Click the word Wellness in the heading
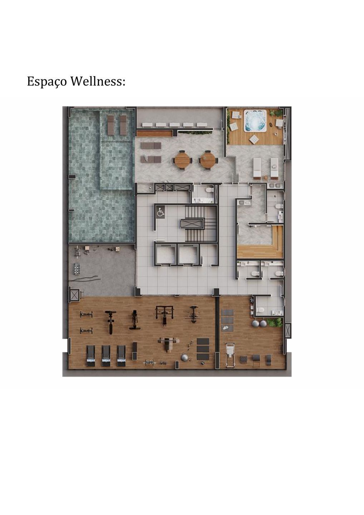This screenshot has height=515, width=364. tap(97, 82)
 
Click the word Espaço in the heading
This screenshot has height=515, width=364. tap(47, 82)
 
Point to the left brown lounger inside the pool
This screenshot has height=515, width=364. tap(111, 124)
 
